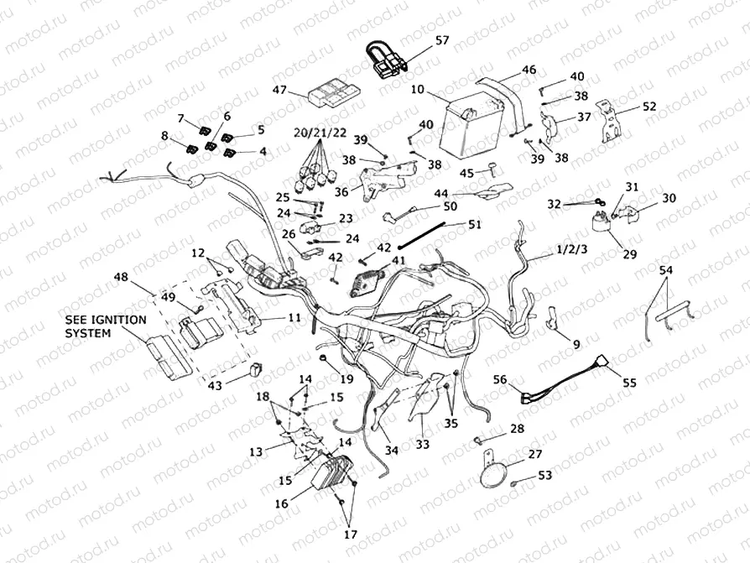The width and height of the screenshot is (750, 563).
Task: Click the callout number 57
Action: [442, 40]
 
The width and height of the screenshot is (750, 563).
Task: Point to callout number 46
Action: [529, 70]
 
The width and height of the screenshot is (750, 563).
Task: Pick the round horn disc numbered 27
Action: [496, 475]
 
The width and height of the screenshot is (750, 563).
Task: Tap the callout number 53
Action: [545, 475]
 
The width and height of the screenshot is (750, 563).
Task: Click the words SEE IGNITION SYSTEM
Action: [106, 326]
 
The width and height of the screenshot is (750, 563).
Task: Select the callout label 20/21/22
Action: [320, 133]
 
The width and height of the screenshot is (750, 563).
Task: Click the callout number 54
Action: [665, 270]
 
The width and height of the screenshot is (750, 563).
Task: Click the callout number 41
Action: [397, 261]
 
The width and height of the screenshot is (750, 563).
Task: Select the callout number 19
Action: [347, 379]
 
